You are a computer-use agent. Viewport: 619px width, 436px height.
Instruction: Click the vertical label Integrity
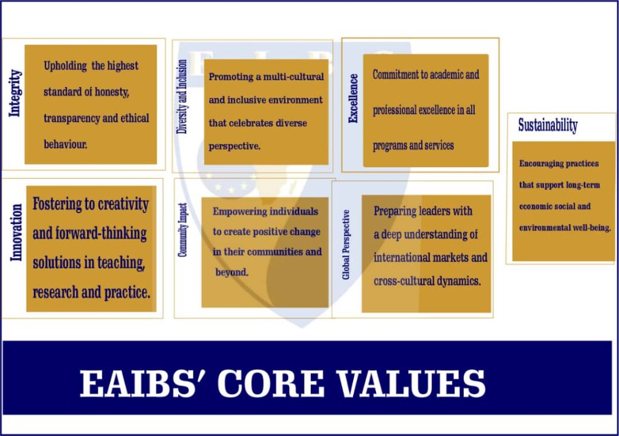click(x=15, y=93)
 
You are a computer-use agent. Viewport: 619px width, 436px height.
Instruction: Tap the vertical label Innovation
click(x=16, y=232)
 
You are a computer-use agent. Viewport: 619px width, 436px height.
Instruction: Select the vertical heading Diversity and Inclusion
click(x=181, y=97)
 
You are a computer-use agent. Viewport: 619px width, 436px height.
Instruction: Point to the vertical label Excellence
click(x=353, y=98)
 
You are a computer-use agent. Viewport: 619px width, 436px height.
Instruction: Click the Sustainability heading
click(x=548, y=126)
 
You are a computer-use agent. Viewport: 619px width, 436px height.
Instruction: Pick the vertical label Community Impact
click(x=183, y=230)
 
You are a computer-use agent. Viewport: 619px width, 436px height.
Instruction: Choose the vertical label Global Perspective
click(x=346, y=245)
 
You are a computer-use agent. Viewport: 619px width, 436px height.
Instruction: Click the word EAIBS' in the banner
click(x=138, y=383)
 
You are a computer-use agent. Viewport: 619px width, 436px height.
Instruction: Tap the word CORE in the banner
click(x=271, y=383)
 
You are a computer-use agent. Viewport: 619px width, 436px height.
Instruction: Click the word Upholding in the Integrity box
click(x=65, y=66)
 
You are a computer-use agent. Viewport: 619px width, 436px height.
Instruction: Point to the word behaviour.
click(x=65, y=144)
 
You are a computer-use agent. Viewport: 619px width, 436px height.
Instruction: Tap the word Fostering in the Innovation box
click(x=57, y=204)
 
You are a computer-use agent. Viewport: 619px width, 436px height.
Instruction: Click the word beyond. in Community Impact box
click(x=232, y=272)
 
